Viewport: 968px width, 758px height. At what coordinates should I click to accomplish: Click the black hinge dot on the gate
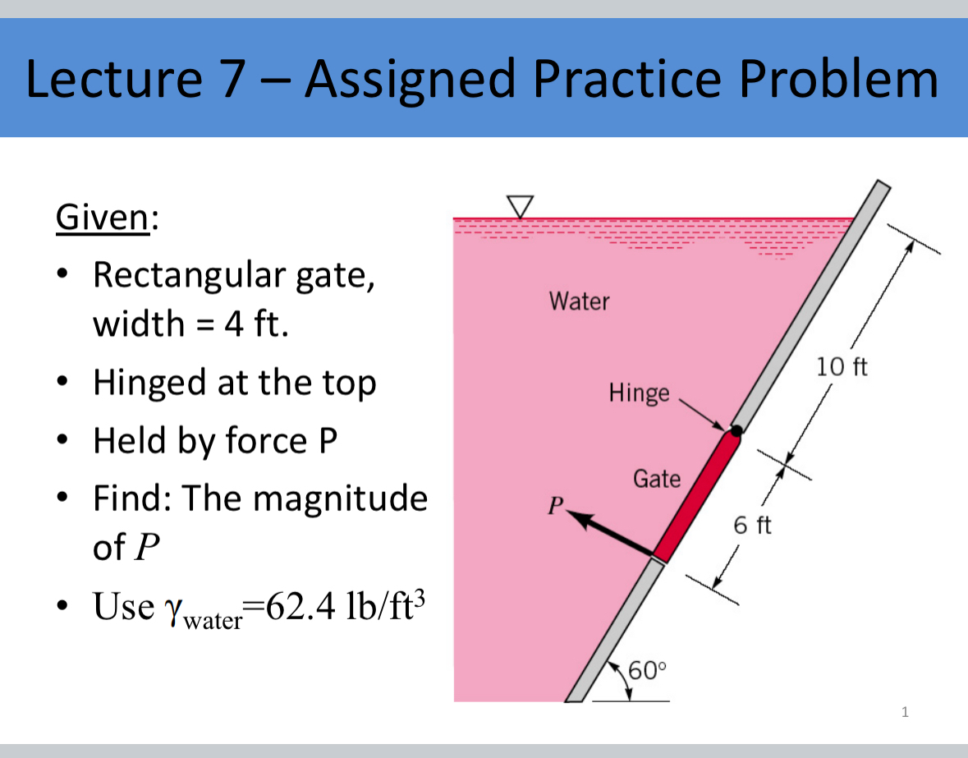pyautogui.click(x=736, y=430)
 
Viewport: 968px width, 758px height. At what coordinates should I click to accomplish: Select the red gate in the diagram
pyautogui.click(x=697, y=496)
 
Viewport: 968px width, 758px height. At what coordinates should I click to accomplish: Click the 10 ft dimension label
pyautogui.click(x=842, y=365)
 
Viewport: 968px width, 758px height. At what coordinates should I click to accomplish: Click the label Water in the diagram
pyautogui.click(x=580, y=301)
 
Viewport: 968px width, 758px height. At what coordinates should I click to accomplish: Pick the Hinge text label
pyautogui.click(x=639, y=393)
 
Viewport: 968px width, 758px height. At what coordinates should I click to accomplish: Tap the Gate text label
pyautogui.click(x=657, y=478)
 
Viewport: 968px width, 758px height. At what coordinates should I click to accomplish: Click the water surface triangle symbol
pyautogui.click(x=520, y=205)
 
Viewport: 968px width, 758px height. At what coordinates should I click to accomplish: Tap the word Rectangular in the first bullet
pyautogui.click(x=194, y=275)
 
